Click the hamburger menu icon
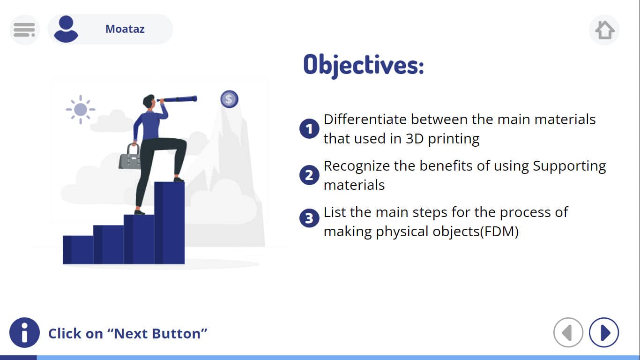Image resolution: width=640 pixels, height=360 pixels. pyautogui.click(x=24, y=30)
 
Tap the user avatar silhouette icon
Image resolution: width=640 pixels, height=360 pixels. pyautogui.click(x=66, y=29)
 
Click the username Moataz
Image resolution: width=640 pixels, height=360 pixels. pyautogui.click(x=125, y=29)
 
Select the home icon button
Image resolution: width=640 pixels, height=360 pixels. pyautogui.click(x=604, y=30)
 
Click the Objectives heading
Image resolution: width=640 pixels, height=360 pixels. pyautogui.click(x=364, y=66)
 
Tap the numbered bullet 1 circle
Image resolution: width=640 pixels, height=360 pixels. pyautogui.click(x=309, y=129)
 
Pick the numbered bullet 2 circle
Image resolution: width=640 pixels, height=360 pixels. pyautogui.click(x=309, y=175)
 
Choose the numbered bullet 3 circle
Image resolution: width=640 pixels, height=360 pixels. pyautogui.click(x=309, y=218)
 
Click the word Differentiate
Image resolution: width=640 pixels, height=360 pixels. pyautogui.click(x=365, y=119)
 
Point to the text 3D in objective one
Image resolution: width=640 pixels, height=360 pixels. pyautogui.click(x=415, y=139)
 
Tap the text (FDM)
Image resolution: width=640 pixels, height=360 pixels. pyautogui.click(x=499, y=232)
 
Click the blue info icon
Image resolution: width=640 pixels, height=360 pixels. pyautogui.click(x=24, y=332)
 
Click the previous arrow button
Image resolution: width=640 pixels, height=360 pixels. pyautogui.click(x=568, y=332)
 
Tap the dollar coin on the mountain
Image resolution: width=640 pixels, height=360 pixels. pyautogui.click(x=229, y=99)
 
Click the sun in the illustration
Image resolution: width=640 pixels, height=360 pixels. pyautogui.click(x=81, y=110)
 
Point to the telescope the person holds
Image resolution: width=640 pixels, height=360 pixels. pyautogui.click(x=177, y=99)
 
